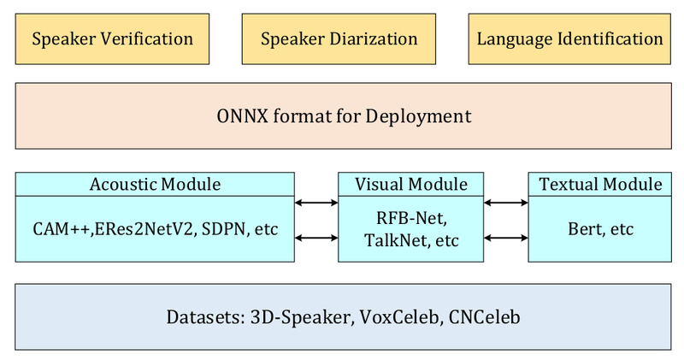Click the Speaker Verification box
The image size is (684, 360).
(112, 38)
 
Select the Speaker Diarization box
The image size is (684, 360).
(339, 38)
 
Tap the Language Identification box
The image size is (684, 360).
(569, 38)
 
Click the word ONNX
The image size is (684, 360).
(245, 115)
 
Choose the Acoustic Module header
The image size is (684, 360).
(155, 184)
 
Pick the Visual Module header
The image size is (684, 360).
(410, 184)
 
